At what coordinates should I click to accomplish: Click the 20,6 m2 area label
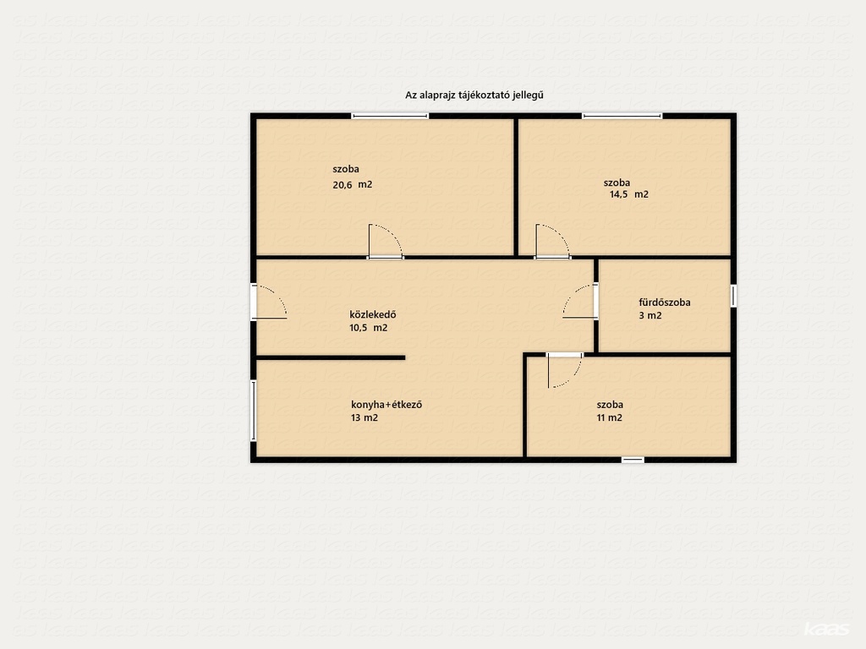click(x=353, y=185)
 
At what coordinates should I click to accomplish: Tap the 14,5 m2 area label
click(x=629, y=194)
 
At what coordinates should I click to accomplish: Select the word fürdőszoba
click(x=665, y=303)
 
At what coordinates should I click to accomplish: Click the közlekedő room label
click(x=373, y=314)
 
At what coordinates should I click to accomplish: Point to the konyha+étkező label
click(x=386, y=405)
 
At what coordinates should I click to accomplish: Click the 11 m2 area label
click(x=609, y=417)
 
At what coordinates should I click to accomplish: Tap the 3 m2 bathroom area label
click(x=650, y=316)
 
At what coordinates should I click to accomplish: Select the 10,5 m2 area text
click(x=369, y=328)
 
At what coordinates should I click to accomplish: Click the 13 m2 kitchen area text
click(x=364, y=417)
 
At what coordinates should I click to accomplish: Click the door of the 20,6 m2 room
click(x=386, y=241)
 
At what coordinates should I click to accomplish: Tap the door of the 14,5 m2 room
click(x=552, y=241)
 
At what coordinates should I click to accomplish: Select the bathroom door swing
click(x=580, y=302)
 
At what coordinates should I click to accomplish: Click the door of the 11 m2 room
click(x=564, y=370)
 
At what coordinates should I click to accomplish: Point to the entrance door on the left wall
click(x=269, y=302)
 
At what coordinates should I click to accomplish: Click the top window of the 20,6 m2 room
click(x=390, y=116)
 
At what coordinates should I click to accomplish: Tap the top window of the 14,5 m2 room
click(x=622, y=116)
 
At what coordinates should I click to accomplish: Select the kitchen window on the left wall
click(x=254, y=411)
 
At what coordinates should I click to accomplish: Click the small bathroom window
click(x=733, y=296)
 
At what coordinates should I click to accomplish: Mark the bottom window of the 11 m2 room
click(x=633, y=460)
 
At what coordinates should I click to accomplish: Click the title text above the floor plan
click(x=474, y=95)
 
